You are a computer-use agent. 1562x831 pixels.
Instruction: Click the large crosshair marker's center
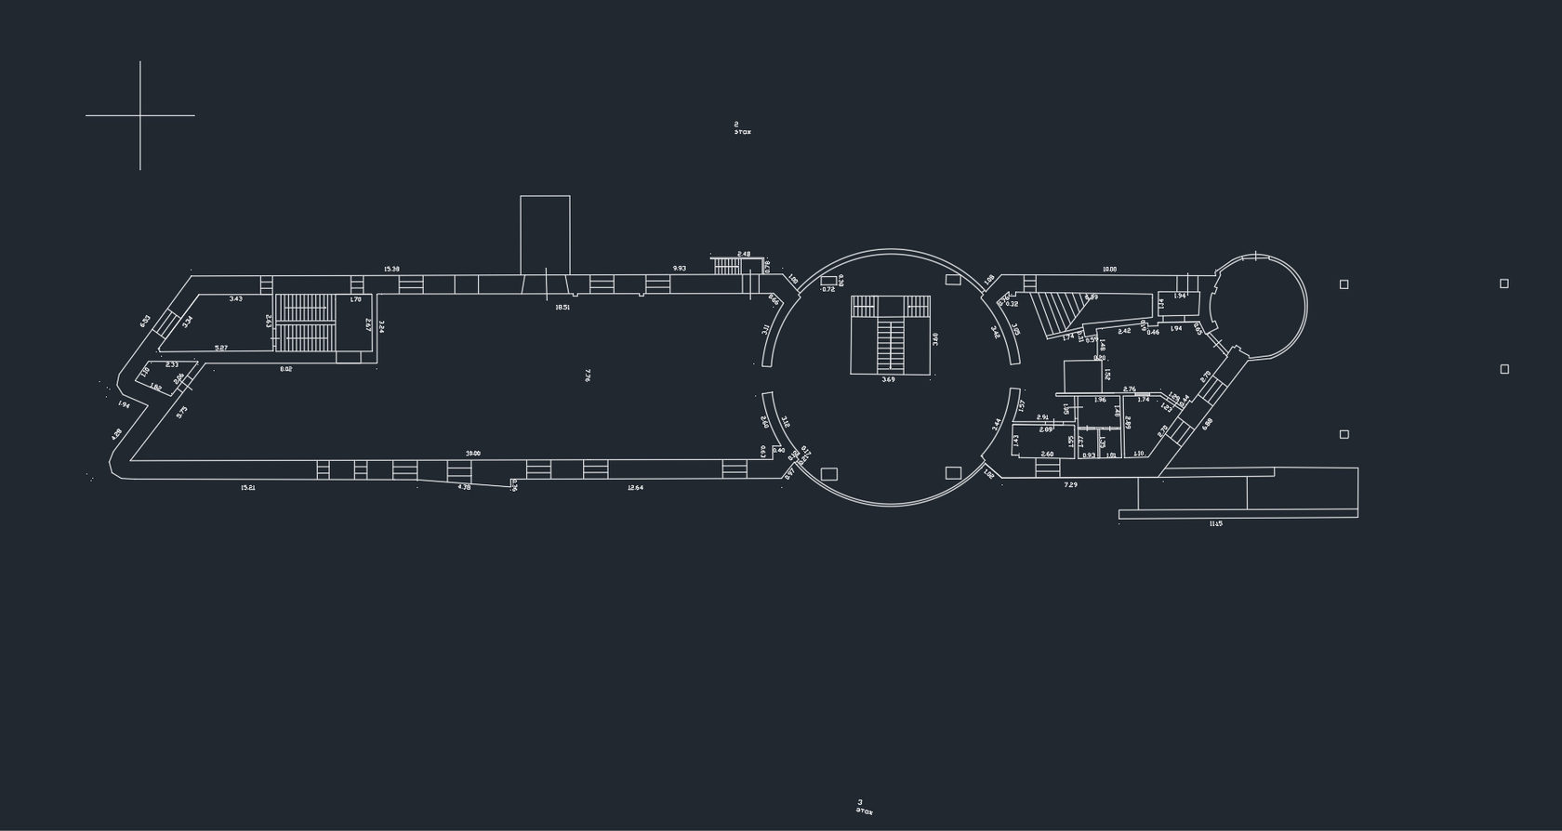[140, 115]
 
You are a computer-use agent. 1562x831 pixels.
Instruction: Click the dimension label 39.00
[473, 454]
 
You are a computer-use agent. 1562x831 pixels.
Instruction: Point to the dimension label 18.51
[563, 307]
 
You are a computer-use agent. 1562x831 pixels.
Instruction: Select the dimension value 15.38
[391, 270]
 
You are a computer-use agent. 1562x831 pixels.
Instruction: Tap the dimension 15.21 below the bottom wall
[248, 487]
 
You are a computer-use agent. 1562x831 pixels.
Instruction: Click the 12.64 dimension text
[635, 487]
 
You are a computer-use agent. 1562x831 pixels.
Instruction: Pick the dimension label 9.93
[680, 269]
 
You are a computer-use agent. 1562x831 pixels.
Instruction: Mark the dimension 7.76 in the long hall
[587, 375]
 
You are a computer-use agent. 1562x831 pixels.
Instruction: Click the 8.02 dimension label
[286, 369]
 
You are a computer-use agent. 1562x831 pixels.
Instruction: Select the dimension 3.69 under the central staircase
[888, 379]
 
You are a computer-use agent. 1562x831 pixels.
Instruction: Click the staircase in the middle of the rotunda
[891, 335]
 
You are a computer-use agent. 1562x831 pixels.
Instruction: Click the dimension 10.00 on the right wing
[1109, 270]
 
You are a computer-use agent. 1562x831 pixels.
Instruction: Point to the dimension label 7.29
[1070, 485]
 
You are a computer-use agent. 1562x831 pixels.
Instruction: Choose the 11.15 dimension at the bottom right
[1215, 524]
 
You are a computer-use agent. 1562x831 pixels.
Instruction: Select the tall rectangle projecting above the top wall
[545, 234]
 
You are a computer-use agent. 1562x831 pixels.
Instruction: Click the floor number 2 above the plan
[736, 124]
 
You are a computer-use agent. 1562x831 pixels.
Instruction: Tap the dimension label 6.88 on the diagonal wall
[1207, 424]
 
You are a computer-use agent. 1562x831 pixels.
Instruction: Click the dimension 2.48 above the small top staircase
[744, 254]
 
